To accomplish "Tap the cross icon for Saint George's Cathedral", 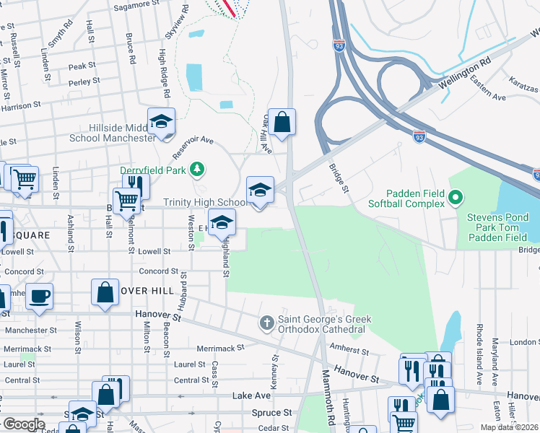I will pos(267,322).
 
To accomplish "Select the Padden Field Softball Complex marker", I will pos(455,196).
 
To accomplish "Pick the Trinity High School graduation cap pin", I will pos(260,190).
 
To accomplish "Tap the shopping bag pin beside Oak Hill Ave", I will pos(283,122).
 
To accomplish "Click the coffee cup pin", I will pos(39,295).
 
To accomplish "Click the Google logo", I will pos(24,424).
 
